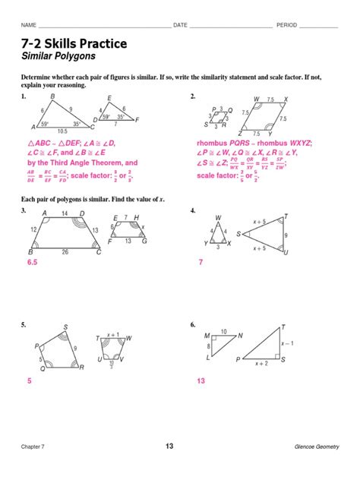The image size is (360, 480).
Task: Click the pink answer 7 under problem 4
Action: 201,261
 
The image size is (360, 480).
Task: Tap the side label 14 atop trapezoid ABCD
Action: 64,213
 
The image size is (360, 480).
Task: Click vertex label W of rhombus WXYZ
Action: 257,99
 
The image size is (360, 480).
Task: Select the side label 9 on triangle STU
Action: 286,235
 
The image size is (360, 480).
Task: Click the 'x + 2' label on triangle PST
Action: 261,365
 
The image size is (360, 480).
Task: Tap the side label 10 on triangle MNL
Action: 223,331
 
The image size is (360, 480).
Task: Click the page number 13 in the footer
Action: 179,446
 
